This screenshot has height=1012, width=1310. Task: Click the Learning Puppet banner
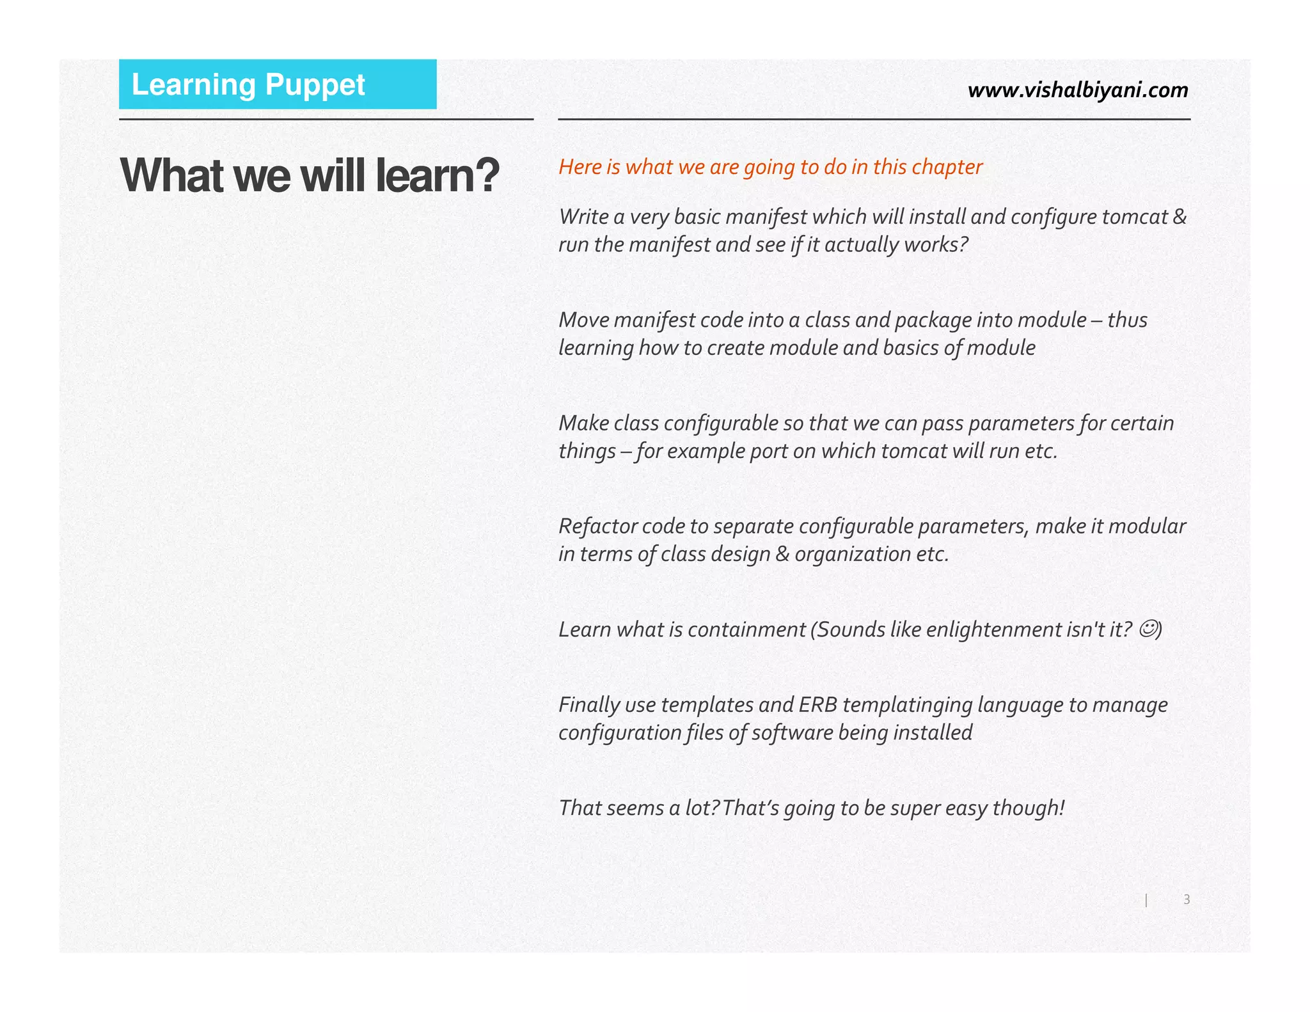click(x=278, y=84)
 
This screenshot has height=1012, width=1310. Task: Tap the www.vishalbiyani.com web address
click(x=1078, y=90)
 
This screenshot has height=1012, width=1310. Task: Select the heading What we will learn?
click(x=310, y=175)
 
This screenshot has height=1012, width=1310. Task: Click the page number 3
click(x=1187, y=899)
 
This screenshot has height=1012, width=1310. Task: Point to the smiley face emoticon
click(x=1148, y=629)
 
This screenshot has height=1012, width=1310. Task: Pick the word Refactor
click(x=597, y=526)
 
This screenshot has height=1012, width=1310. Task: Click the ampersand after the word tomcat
click(x=1180, y=217)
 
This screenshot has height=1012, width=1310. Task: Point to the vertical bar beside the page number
click(x=1146, y=900)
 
